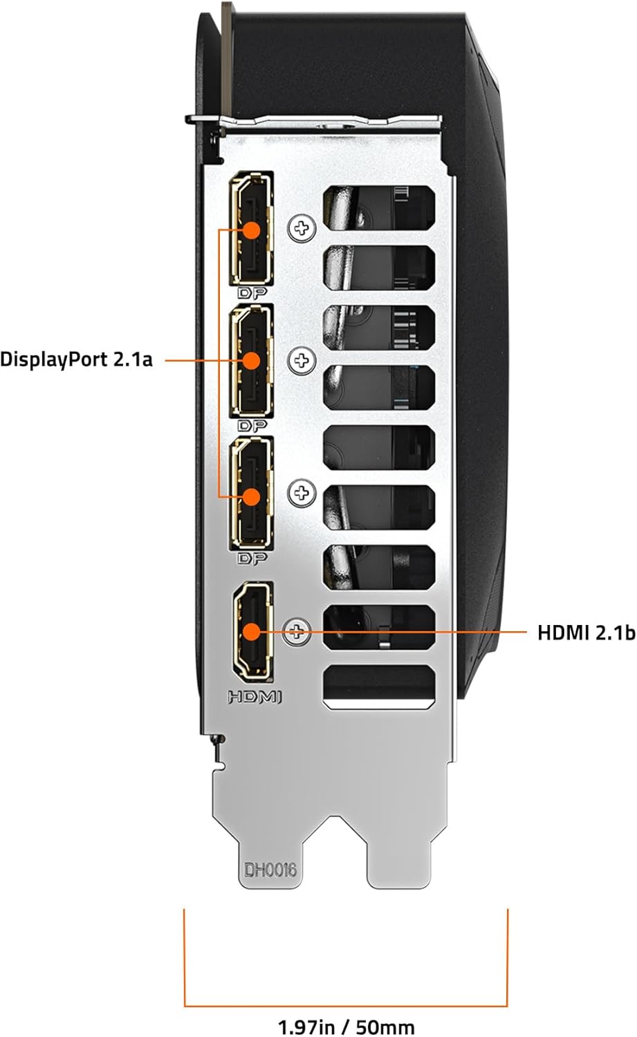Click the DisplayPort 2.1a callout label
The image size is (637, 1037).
point(76,359)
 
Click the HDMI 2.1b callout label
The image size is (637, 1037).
point(586,633)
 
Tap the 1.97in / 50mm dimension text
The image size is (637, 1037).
point(347,1025)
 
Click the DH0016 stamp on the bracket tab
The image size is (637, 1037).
point(270,868)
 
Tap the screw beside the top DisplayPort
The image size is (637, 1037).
point(302,227)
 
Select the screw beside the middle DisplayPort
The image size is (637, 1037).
point(302,360)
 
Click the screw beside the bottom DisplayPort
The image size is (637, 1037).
point(302,493)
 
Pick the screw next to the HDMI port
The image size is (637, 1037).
point(298,630)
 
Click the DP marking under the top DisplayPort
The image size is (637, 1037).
point(253,293)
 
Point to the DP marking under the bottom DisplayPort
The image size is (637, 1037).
point(253,558)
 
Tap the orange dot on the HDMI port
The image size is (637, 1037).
point(251,631)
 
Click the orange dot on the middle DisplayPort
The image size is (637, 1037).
point(252,360)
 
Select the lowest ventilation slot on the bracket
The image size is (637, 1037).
point(379,686)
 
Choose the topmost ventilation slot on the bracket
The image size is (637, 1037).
point(379,206)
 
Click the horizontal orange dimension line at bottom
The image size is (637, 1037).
point(346,1006)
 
